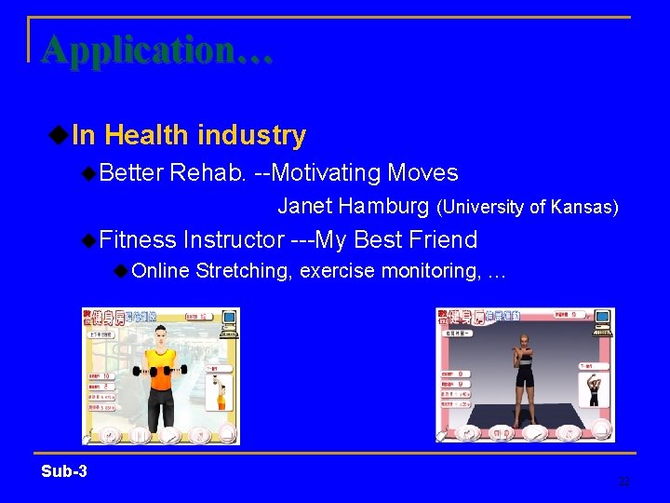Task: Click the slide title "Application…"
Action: click(x=157, y=49)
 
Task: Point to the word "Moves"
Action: click(x=422, y=173)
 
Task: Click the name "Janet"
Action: click(x=305, y=206)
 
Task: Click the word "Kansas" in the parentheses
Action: click(x=583, y=207)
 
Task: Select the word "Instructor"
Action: click(x=234, y=240)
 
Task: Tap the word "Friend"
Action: click(x=442, y=240)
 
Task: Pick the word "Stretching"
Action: click(x=245, y=271)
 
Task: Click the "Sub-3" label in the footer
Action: click(x=64, y=471)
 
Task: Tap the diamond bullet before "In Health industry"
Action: click(x=58, y=135)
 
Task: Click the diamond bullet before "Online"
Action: click(x=121, y=271)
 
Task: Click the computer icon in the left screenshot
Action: click(x=224, y=321)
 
